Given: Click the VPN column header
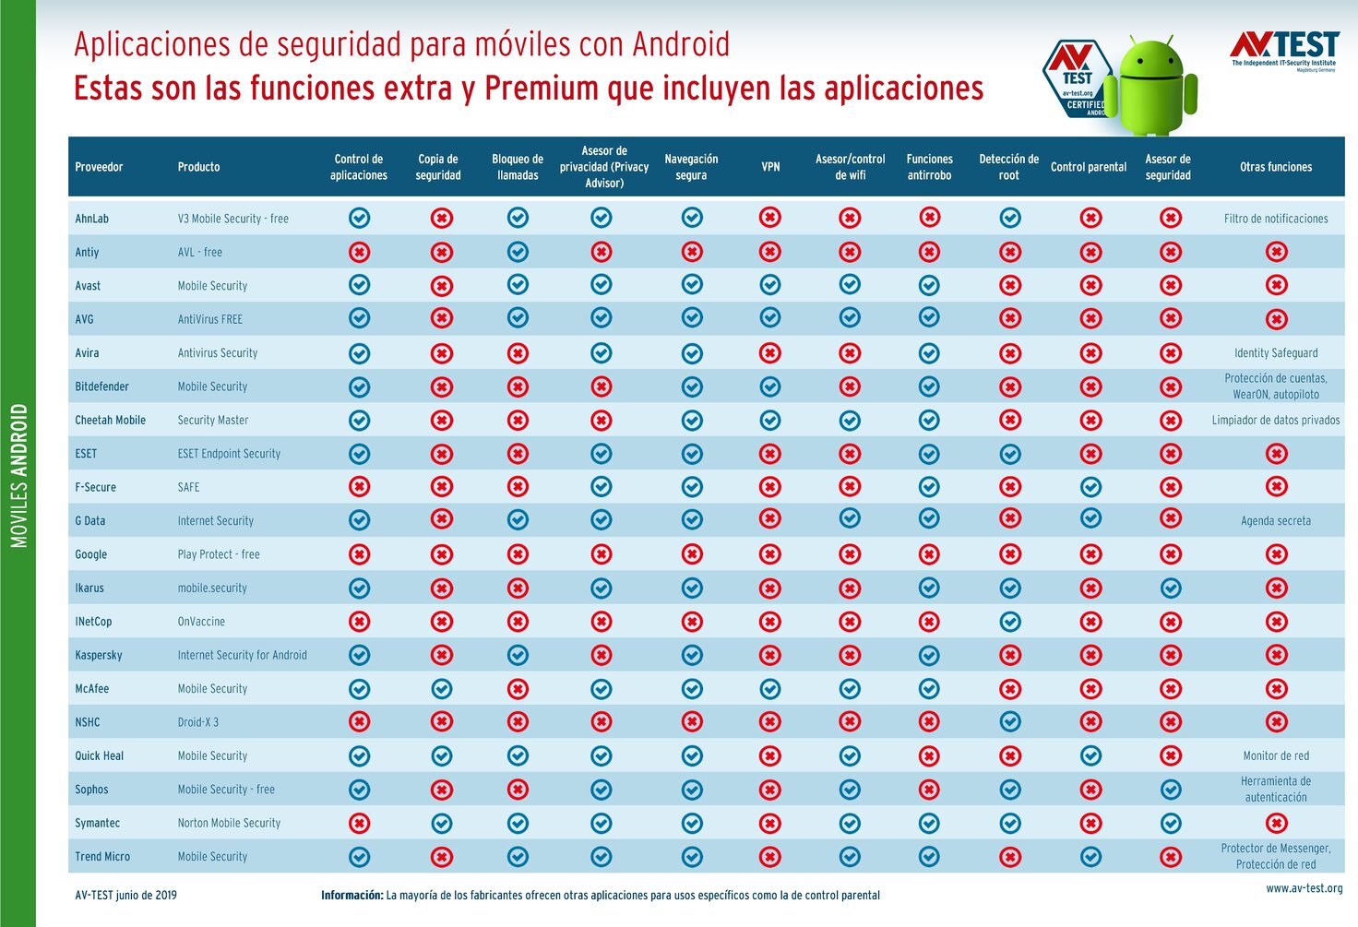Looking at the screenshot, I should (x=770, y=167).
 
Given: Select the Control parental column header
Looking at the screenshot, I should (x=1089, y=167).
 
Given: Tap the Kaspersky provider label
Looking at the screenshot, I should (x=99, y=655).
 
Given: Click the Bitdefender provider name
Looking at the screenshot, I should (x=101, y=386).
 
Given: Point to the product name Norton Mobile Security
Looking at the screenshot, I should (x=229, y=823).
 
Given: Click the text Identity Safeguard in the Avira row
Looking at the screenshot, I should (x=1276, y=352).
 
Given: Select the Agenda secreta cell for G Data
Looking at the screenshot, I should (x=1276, y=520).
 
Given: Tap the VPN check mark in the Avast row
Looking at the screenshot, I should (x=770, y=285).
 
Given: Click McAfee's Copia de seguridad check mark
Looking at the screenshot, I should (x=442, y=688).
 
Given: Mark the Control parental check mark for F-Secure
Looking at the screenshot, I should (x=1090, y=486).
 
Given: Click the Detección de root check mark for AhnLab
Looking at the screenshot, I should (x=1010, y=218).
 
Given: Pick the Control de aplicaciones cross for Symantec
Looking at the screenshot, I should (x=359, y=823).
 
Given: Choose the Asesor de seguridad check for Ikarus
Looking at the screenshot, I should (x=1171, y=588).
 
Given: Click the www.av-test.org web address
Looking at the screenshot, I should (x=1304, y=888).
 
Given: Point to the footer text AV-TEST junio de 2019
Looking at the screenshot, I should (x=125, y=895).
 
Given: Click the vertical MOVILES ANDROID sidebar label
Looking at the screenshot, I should (x=19, y=476).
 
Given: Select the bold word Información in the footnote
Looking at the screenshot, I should (x=351, y=895).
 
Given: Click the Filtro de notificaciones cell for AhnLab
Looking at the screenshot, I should (x=1276, y=219).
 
